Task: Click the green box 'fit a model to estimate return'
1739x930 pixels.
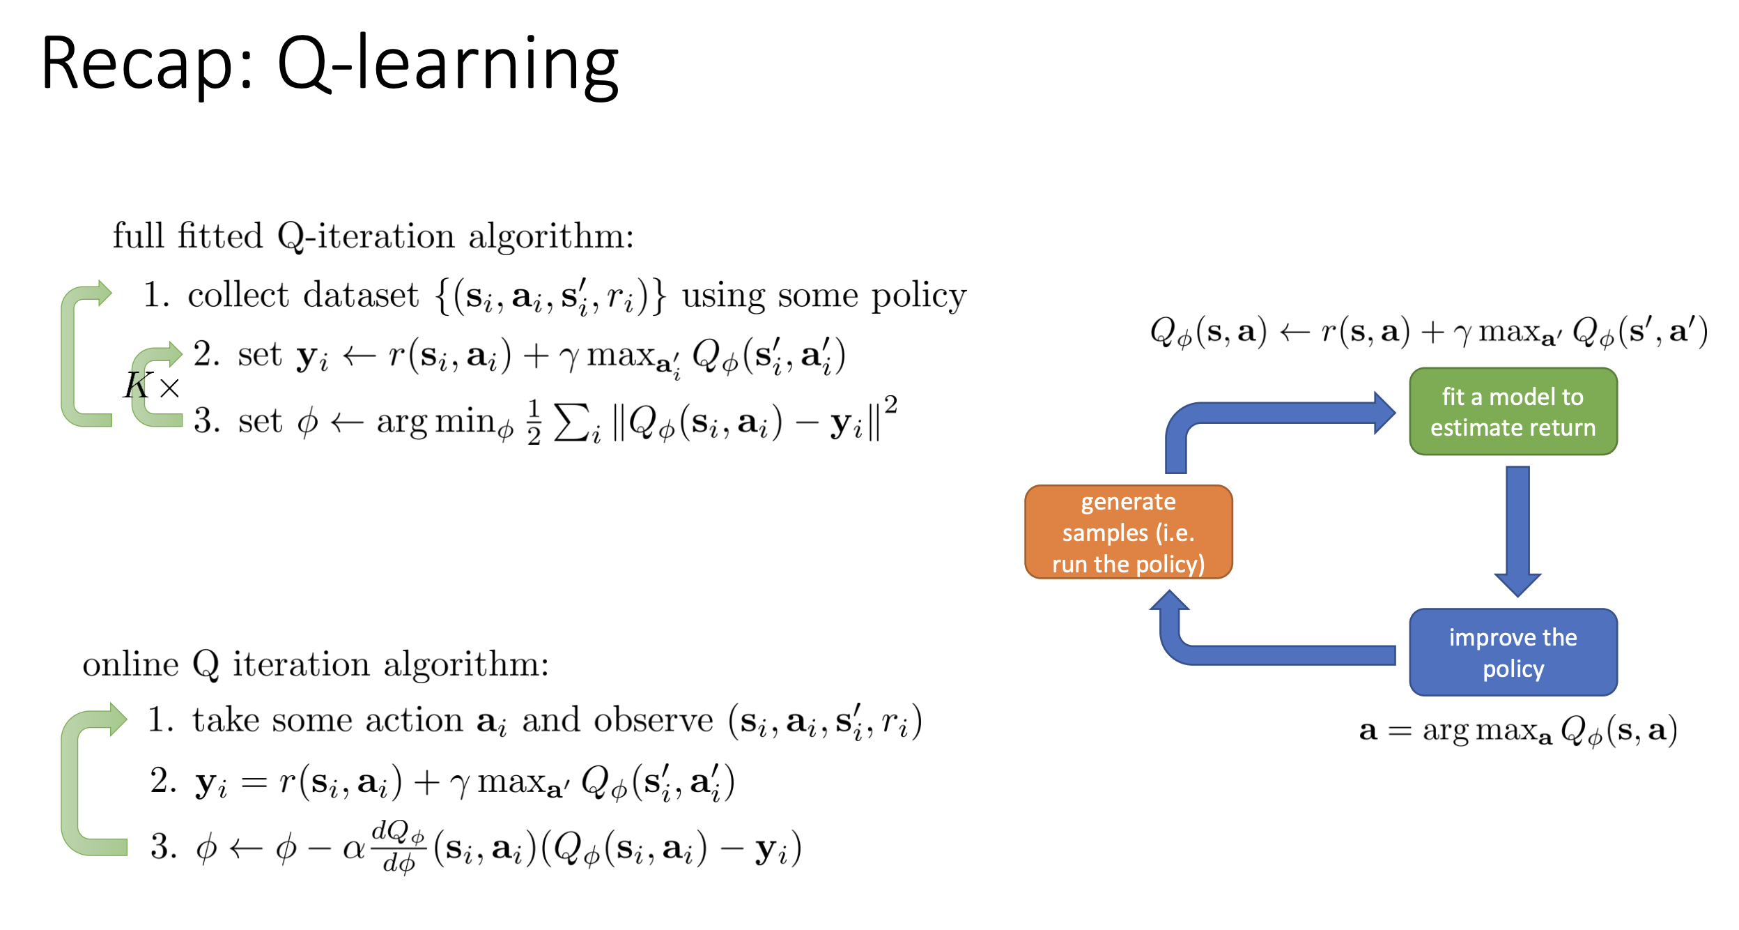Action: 1513,411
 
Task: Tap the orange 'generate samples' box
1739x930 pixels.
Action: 1128,532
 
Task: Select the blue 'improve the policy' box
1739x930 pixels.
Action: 1513,652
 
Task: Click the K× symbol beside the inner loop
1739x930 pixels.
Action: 152,385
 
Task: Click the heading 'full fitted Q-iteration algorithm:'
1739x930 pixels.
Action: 373,236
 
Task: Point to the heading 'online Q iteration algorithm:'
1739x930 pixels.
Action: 316,664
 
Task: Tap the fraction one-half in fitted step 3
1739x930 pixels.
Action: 534,422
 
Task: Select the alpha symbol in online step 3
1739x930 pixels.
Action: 354,848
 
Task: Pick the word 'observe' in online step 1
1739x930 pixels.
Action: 654,720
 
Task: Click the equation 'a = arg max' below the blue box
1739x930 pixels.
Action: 1518,731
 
